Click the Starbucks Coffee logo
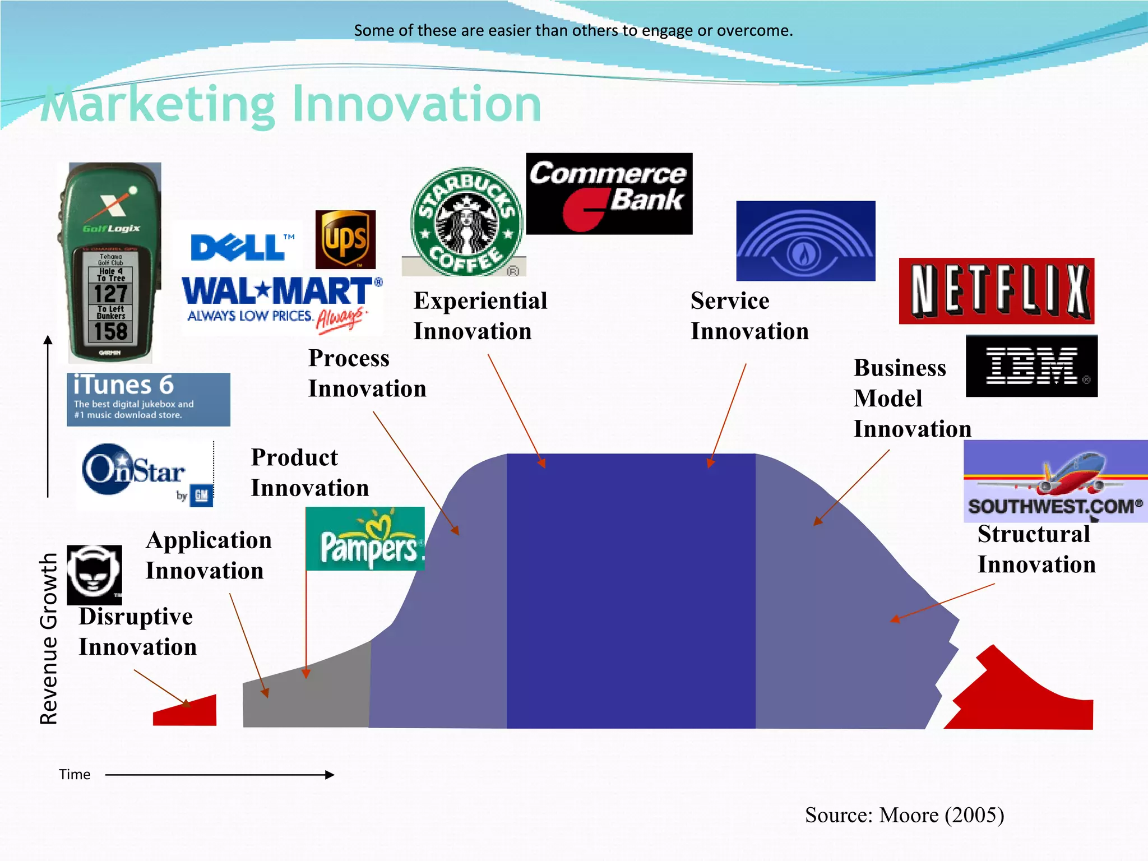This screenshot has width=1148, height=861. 466,221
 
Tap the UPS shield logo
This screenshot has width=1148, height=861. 345,240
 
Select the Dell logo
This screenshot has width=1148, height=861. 238,248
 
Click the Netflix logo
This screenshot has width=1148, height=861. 996,291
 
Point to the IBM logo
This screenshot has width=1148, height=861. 1031,366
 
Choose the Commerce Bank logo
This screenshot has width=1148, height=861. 609,193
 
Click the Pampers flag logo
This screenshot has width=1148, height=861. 365,539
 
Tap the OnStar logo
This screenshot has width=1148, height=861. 145,474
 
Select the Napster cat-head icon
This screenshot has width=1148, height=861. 94,575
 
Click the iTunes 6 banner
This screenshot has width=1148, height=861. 148,399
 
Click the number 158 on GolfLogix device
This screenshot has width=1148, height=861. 110,331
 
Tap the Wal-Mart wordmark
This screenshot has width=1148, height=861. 277,291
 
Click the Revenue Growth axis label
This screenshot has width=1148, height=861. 49,639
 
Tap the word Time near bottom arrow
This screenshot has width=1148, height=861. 75,775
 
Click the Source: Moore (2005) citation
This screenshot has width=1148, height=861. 904,815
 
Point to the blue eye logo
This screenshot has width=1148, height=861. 805,241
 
